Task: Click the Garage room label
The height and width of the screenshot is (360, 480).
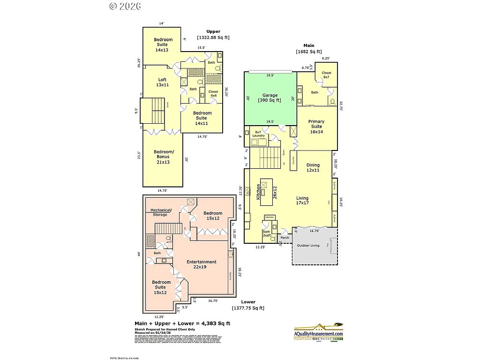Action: tap(270, 97)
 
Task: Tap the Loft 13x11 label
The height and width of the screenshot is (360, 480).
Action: tap(162, 82)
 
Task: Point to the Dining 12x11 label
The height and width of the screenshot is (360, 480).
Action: tap(313, 168)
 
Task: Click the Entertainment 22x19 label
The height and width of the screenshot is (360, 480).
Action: tap(202, 264)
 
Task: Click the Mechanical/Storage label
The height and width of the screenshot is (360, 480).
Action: tap(160, 212)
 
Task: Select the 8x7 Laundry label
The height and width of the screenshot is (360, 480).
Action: tap(258, 134)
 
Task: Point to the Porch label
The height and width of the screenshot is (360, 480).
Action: tap(285, 238)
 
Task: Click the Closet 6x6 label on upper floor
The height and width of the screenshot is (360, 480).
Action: tap(213, 93)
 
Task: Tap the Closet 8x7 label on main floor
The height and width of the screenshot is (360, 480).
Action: tap(326, 75)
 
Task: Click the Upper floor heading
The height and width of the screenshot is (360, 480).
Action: tap(213, 31)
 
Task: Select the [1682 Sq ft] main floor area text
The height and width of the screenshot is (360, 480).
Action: tap(308, 52)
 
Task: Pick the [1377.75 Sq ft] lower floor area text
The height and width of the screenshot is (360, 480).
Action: tap(248, 308)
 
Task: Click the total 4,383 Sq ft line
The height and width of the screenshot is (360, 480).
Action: tap(182, 323)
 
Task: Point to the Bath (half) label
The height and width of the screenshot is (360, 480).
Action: tap(266, 234)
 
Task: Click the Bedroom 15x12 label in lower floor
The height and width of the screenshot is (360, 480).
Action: tap(213, 216)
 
